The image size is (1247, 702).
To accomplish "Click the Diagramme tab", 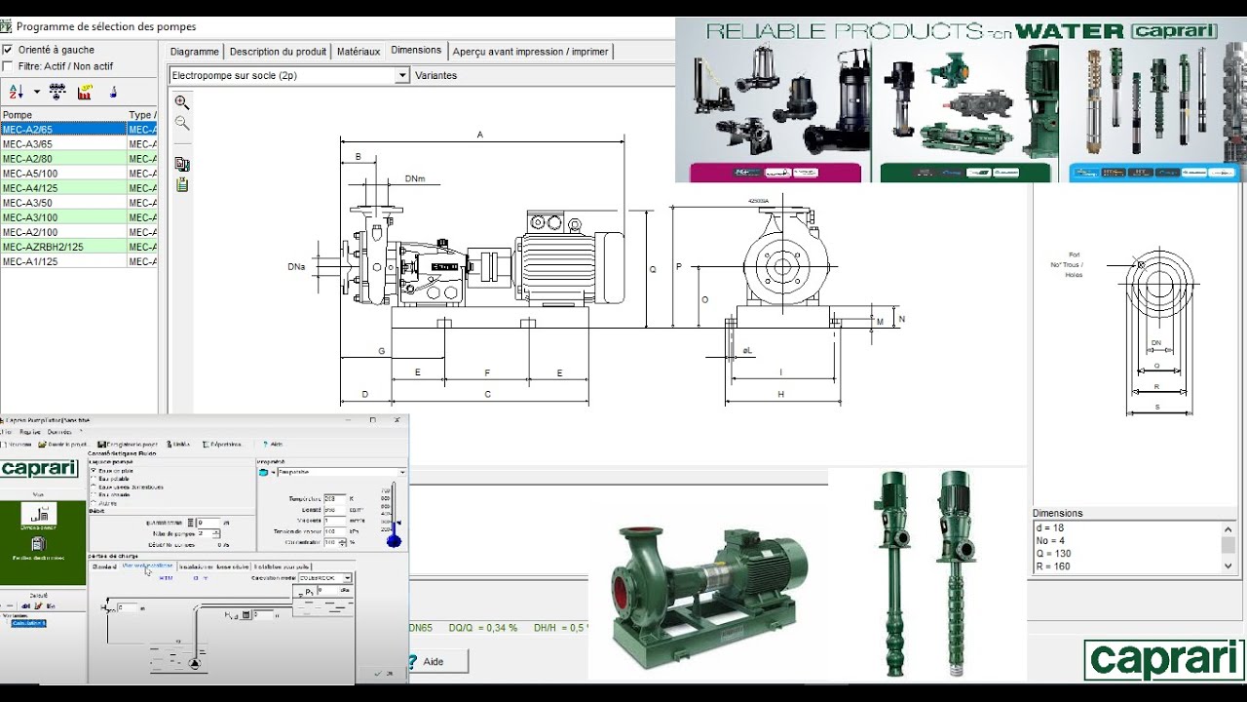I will pyautogui.click(x=194, y=52).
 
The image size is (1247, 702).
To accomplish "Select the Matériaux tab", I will pyautogui.click(x=359, y=52).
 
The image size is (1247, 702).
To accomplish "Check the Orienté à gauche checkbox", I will pyautogui.click(x=8, y=50).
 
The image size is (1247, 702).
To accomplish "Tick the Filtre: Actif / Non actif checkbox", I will pyautogui.click(x=8, y=66).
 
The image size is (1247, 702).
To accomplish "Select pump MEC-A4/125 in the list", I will pyautogui.click(x=30, y=188).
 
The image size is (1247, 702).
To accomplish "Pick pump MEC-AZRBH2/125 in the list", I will pyautogui.click(x=43, y=247).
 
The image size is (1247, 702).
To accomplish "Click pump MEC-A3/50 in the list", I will pyautogui.click(x=27, y=203).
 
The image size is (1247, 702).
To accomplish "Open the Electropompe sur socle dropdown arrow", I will pyautogui.click(x=401, y=75).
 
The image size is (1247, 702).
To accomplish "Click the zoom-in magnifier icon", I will pyautogui.click(x=182, y=102).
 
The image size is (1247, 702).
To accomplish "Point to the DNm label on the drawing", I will pyautogui.click(x=415, y=179).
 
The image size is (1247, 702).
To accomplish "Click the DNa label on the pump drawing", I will pyautogui.click(x=296, y=266).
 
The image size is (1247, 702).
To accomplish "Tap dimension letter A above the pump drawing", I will pyautogui.click(x=480, y=135).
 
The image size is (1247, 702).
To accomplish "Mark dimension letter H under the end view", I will pyautogui.click(x=781, y=394).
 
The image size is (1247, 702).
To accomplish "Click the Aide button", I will pyautogui.click(x=434, y=661).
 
